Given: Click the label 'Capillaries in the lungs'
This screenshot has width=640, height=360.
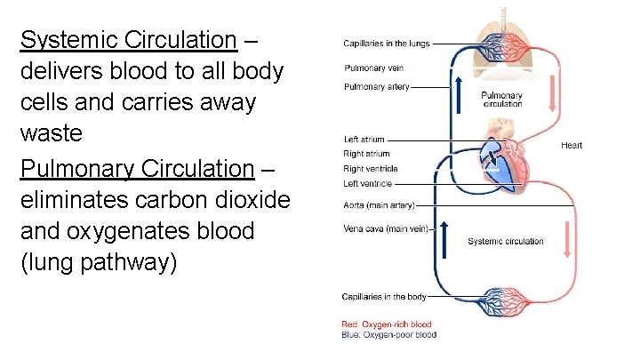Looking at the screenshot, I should [387, 44].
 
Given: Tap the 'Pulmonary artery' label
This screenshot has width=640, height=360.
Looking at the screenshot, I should [376, 87].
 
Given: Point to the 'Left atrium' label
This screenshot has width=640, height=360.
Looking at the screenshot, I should [364, 140].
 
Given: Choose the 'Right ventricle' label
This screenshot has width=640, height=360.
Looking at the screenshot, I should [370, 169].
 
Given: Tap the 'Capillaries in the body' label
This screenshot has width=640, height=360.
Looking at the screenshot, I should [385, 297].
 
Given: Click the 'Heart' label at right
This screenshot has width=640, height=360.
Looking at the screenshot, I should [572, 145].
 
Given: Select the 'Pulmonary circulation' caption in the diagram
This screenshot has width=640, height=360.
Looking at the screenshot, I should [501, 99].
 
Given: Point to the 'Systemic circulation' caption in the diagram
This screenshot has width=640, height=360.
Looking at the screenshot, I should [506, 241].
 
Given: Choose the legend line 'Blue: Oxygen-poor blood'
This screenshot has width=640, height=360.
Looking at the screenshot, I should [389, 335].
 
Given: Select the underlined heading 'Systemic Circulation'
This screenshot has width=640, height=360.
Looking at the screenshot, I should [129, 41].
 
